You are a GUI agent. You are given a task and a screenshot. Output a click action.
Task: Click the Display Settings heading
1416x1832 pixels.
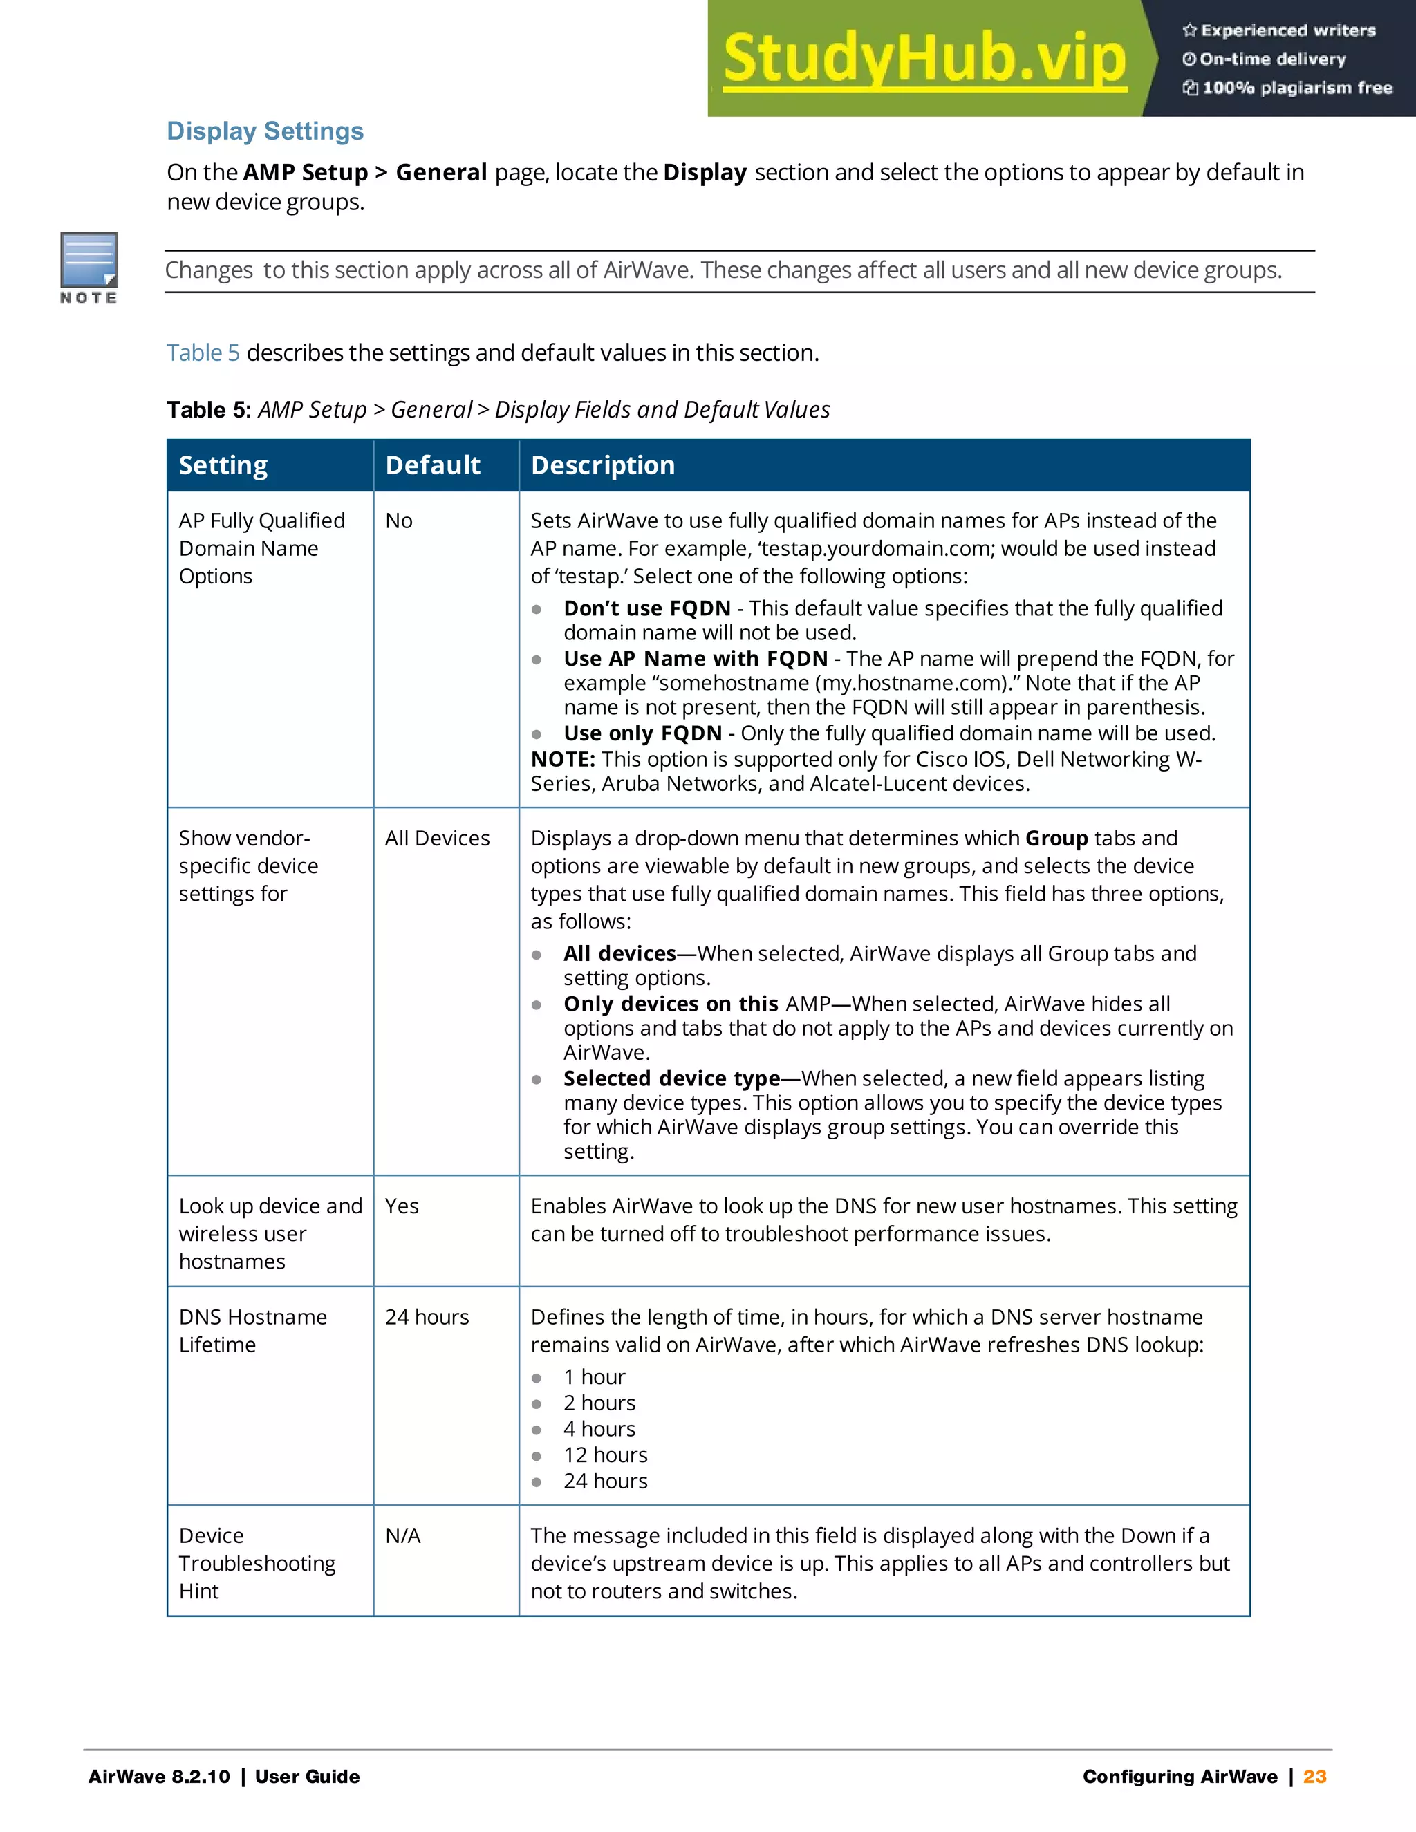(265, 131)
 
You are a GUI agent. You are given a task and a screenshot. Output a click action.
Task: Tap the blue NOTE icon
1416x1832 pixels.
(89, 262)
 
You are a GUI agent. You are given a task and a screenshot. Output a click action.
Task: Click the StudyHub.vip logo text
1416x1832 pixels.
(924, 59)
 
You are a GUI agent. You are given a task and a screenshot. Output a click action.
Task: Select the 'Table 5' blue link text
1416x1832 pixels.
(203, 353)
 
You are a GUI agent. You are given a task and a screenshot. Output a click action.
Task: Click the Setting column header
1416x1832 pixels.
(223, 465)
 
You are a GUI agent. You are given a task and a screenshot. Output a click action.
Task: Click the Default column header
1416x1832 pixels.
(433, 465)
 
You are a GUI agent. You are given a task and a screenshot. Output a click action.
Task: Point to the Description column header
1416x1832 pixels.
(602, 465)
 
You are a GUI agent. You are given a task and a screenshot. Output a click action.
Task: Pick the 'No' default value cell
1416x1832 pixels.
(400, 521)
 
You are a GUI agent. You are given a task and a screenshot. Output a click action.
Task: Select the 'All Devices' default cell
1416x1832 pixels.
(437, 838)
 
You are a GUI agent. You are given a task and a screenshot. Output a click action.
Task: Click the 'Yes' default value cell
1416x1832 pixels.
(402, 1206)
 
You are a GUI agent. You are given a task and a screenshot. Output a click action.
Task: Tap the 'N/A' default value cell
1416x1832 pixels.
(402, 1536)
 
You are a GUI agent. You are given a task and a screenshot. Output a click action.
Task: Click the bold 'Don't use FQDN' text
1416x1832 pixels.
(646, 608)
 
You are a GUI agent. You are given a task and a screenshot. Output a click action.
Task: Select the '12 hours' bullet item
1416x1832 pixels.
(606, 1455)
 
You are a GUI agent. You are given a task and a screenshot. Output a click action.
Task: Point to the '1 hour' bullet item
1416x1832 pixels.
(594, 1377)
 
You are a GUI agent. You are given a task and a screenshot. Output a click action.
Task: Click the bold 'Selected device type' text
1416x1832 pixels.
(671, 1078)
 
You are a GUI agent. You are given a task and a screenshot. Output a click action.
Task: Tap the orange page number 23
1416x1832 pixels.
(1314, 1777)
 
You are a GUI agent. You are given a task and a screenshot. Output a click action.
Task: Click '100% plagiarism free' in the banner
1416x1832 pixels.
(1297, 88)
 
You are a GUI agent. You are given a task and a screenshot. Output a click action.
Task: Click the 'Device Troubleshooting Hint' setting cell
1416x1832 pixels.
(257, 1564)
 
